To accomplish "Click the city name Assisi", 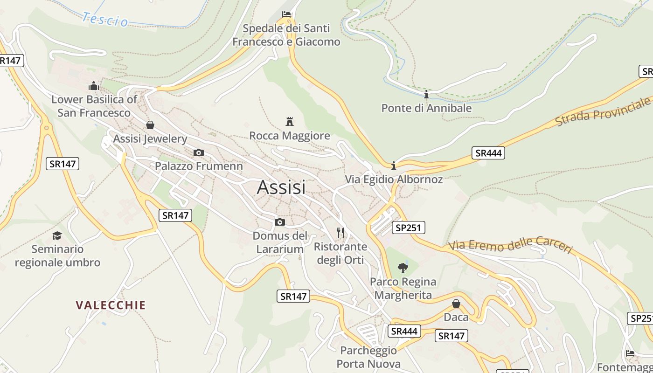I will pos(281,187).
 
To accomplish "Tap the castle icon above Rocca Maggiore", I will pos(290,122).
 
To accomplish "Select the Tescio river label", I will pos(105,20).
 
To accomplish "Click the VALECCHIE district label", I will pos(111,305).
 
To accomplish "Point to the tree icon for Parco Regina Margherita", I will pos(403,268).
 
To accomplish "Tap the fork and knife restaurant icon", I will pos(340,232).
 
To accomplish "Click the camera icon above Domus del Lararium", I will pos(279,222).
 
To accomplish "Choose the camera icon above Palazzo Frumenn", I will pos(199,152).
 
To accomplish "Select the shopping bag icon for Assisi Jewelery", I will pos(150,125).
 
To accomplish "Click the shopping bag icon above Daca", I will pos(456,304).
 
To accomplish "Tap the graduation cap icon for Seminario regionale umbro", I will pos(57,235).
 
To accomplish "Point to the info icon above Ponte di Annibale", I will pos(426,95).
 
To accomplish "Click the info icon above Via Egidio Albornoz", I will pos(394,166).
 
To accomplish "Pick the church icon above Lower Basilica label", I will pos(94,86).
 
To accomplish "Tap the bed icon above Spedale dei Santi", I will pos(286,14).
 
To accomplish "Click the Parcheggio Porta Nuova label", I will pos(368,357).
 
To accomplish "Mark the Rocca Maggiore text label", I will pos(290,136).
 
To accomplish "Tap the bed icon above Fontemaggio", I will pos(630,353).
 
